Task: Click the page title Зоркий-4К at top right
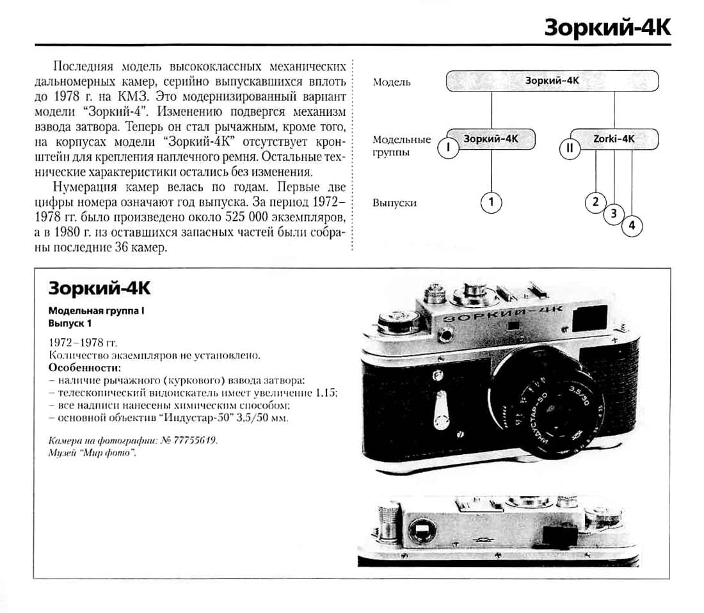click(607, 28)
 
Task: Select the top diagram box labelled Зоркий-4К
click(552, 81)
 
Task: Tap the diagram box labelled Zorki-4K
click(613, 138)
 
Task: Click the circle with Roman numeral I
click(449, 148)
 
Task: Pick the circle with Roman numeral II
click(569, 148)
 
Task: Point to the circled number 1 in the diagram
click(491, 203)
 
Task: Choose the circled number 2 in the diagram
click(595, 202)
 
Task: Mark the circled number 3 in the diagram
click(614, 214)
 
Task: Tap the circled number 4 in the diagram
click(632, 226)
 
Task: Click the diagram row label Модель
click(391, 83)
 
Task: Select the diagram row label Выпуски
click(394, 203)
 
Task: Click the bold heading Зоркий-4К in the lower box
click(99, 289)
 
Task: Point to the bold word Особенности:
click(84, 368)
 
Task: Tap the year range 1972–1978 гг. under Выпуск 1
click(83, 342)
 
